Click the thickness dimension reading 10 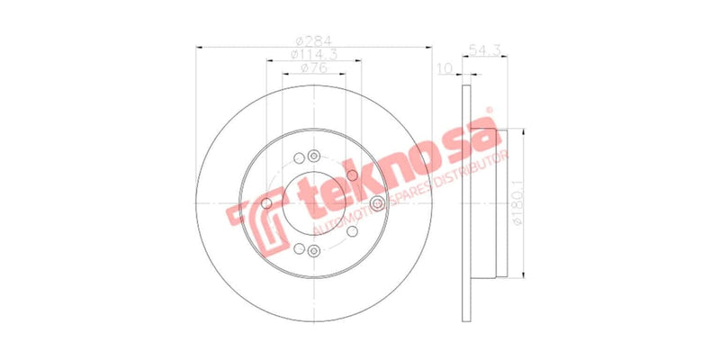click(444, 68)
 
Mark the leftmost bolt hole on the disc click(266, 203)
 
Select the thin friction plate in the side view click(465, 202)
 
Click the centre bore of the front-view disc click(313, 203)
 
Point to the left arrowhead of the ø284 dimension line click(198, 47)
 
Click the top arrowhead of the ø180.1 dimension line click(523, 131)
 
